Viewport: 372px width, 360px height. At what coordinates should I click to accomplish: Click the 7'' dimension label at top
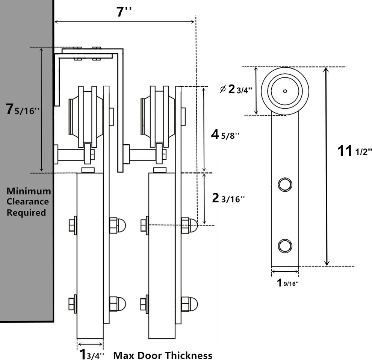pos(124,12)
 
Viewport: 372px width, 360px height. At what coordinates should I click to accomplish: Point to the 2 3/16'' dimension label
pos(228,198)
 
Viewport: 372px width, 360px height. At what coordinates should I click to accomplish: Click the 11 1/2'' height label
pos(354,151)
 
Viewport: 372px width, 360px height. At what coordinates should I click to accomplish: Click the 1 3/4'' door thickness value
pos(90,354)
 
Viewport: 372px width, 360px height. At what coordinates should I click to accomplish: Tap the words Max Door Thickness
pos(163,355)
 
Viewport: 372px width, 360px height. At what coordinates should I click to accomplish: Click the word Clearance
pos(28,201)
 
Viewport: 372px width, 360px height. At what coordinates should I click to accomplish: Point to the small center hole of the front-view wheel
pos(285,91)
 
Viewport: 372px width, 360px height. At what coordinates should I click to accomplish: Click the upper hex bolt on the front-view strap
pos(284,184)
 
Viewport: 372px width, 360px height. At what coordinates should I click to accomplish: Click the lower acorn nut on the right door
pos(189,304)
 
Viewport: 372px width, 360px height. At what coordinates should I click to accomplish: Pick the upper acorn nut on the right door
pos(189,225)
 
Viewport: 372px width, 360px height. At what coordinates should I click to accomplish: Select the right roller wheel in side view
pos(157,116)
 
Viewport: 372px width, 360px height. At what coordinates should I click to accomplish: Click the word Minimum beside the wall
pos(29,191)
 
